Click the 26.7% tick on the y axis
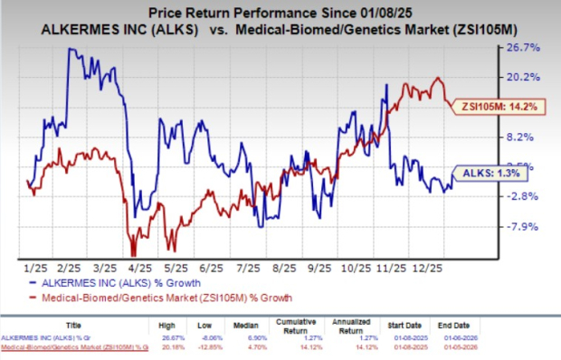[528, 47]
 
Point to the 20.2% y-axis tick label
[528, 77]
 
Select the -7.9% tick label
[526, 226]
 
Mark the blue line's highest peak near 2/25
[71, 49]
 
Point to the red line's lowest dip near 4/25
[134, 255]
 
